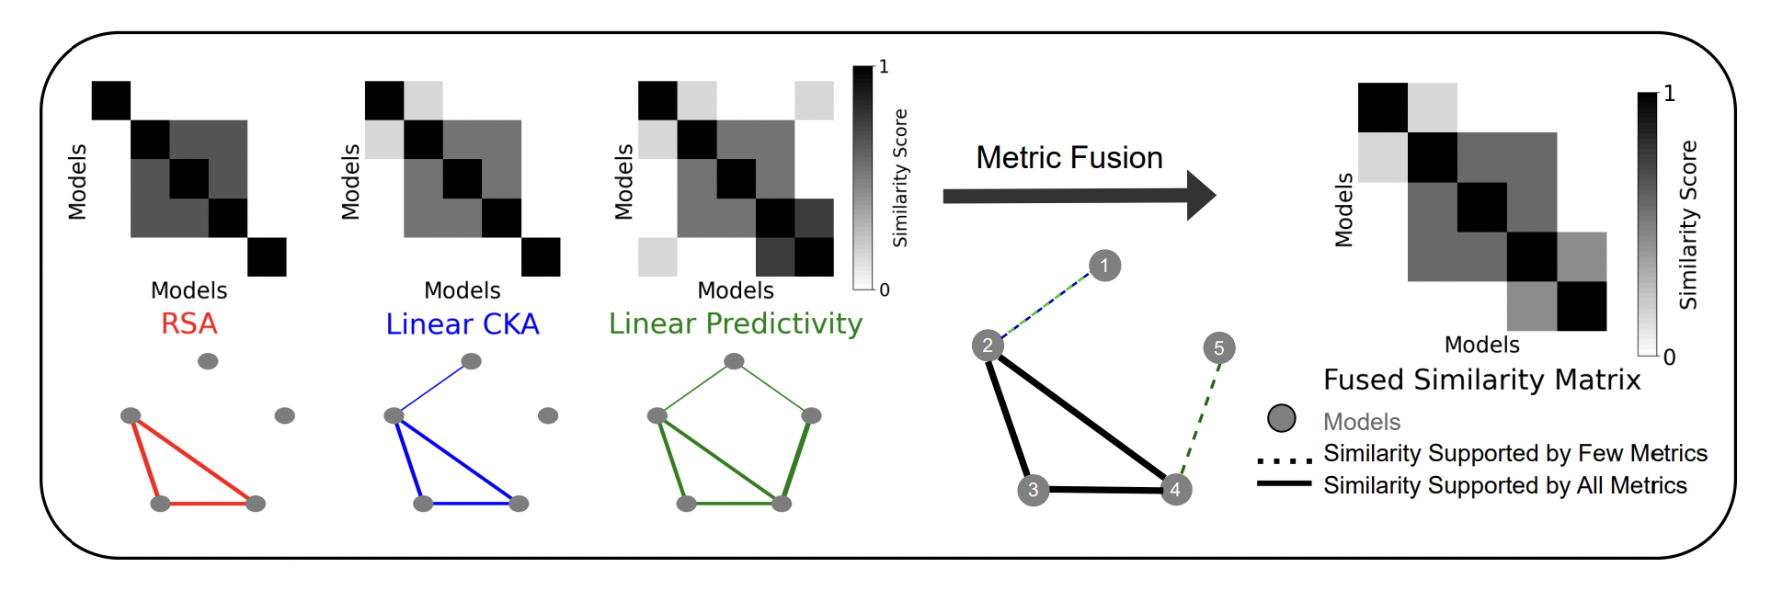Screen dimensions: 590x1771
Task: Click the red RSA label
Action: point(189,323)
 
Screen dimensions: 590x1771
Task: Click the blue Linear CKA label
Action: point(462,323)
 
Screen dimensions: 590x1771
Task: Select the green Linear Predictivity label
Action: point(735,323)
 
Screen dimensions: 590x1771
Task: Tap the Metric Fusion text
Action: point(1068,158)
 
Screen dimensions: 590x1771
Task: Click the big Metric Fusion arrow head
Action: point(1200,195)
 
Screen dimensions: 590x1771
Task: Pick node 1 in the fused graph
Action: point(1104,266)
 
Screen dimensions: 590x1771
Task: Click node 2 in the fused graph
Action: point(987,346)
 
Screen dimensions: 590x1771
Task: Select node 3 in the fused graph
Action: point(1033,490)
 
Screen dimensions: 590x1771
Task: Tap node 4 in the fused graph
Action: point(1175,490)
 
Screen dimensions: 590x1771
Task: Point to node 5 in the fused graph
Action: point(1218,348)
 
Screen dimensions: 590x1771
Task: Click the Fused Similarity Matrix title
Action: point(1481,380)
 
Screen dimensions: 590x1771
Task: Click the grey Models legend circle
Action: point(1281,419)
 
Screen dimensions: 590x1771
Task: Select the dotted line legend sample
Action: point(1284,460)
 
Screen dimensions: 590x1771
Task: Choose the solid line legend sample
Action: point(1284,483)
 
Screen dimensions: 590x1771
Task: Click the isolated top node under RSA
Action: point(208,361)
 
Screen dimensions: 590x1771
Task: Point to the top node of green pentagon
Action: point(734,361)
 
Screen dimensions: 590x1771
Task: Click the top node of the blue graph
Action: point(471,361)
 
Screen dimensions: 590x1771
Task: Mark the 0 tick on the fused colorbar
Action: point(1669,357)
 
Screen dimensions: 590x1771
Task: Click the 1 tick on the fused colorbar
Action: point(1669,93)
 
